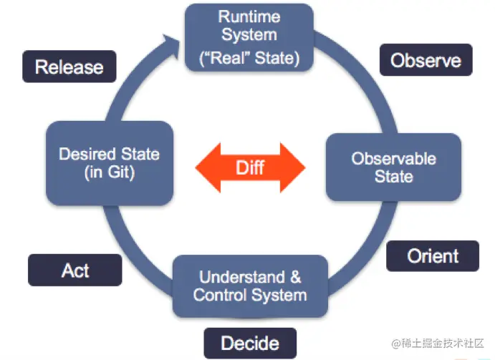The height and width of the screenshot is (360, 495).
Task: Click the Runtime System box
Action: pyautogui.click(x=249, y=37)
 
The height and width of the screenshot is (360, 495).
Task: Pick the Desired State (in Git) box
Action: pyautogui.click(x=109, y=162)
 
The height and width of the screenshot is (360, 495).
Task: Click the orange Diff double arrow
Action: pyautogui.click(x=250, y=167)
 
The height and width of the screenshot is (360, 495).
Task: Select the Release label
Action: pyautogui.click(x=69, y=67)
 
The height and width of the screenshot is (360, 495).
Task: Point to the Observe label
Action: pyautogui.click(x=426, y=60)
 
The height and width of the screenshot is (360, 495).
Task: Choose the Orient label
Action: pyautogui.click(x=433, y=256)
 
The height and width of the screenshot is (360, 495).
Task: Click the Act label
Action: pyautogui.click(x=75, y=270)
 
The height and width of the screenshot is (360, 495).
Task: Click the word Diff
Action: pyautogui.click(x=250, y=167)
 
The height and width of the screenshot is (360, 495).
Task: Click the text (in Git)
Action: pyautogui.click(x=109, y=172)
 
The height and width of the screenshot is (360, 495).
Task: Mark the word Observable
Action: pyautogui.click(x=393, y=158)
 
